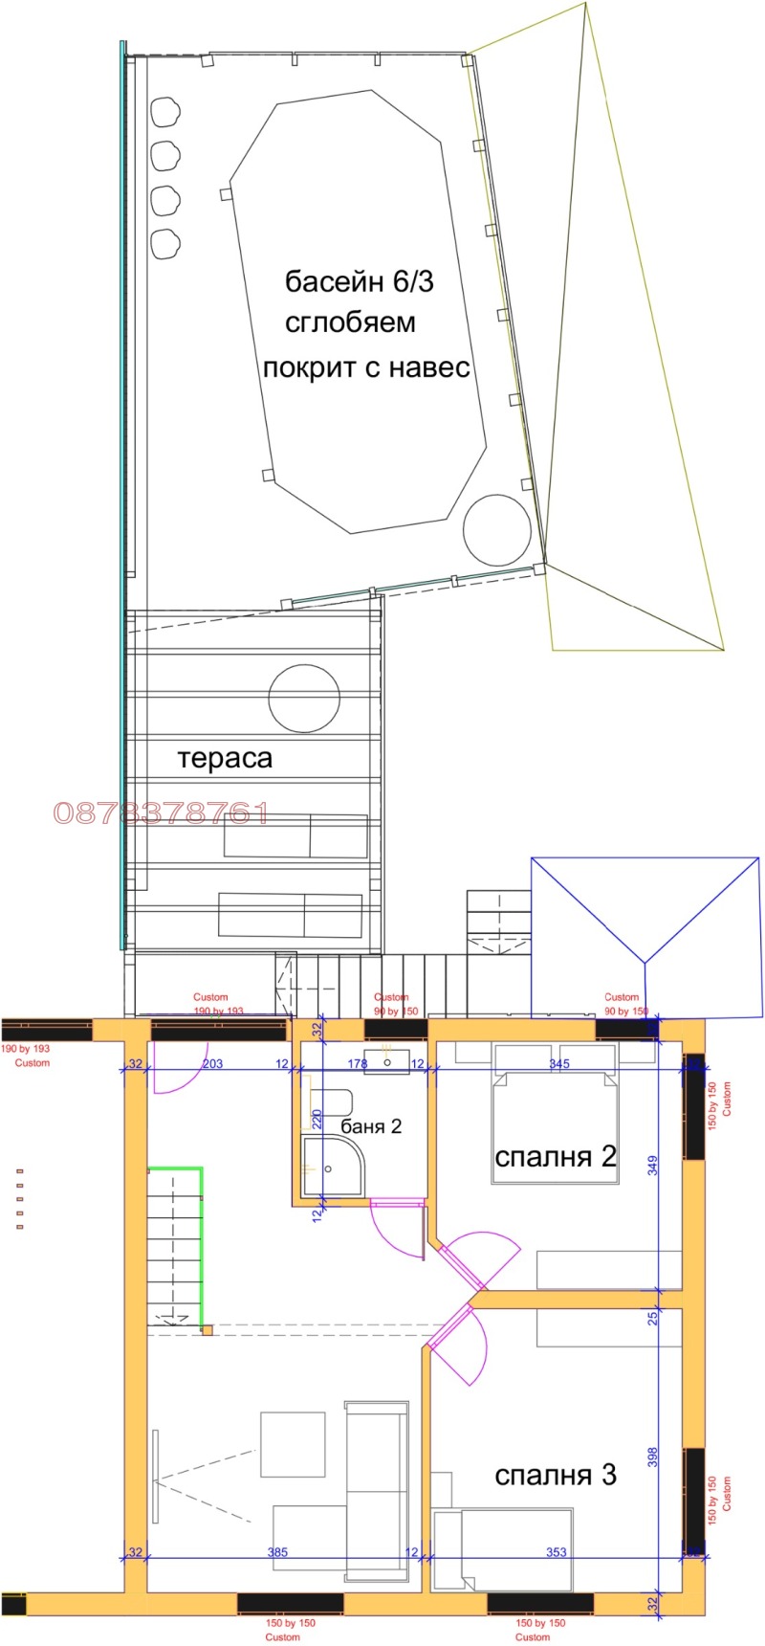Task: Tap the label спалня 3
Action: tap(555, 1475)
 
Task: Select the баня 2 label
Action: tap(371, 1126)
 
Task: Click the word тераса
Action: tap(225, 759)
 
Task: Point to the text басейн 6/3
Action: tap(360, 282)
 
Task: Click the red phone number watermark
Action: tap(160, 814)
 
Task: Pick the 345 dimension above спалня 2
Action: tap(559, 1064)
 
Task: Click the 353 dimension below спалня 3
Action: tap(557, 1552)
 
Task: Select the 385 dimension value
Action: tap(277, 1552)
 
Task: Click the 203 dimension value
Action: tap(212, 1064)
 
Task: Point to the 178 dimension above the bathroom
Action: tap(358, 1064)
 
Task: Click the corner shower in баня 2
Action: tap(332, 1166)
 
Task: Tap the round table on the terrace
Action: tap(304, 698)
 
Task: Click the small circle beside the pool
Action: tap(496, 529)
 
